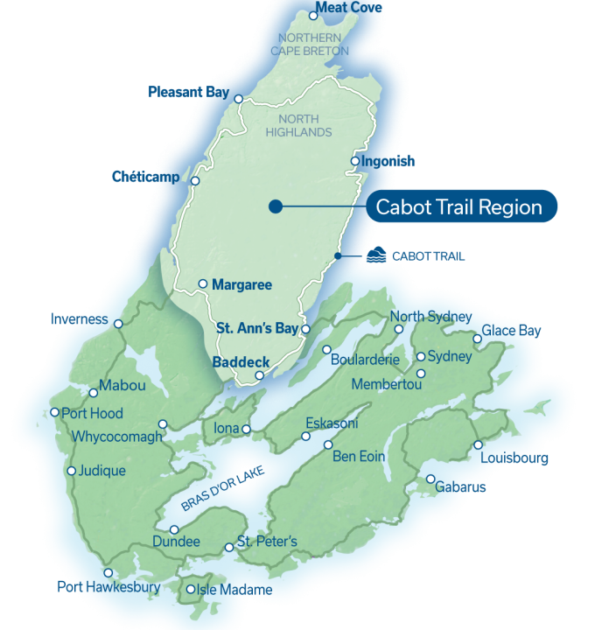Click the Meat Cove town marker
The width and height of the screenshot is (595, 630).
tap(313, 16)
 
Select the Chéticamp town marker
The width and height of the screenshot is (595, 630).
tap(195, 181)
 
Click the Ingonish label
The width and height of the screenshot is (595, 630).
tap(388, 162)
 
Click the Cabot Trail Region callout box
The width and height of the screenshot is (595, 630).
tap(460, 206)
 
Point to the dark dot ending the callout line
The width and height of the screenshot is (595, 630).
tap(275, 206)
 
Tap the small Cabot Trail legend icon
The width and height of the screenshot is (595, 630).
tap(375, 255)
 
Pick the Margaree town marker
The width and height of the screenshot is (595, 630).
tap(202, 283)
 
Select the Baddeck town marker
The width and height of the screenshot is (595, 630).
tap(259, 376)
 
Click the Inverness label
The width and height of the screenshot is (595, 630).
tap(79, 319)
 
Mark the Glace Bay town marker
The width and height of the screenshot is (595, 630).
tap(477, 339)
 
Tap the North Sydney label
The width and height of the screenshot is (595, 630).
tap(430, 316)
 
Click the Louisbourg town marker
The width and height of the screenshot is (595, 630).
tap(478, 444)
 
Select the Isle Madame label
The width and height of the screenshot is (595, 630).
tap(235, 590)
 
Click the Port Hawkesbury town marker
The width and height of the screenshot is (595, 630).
tap(108, 572)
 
